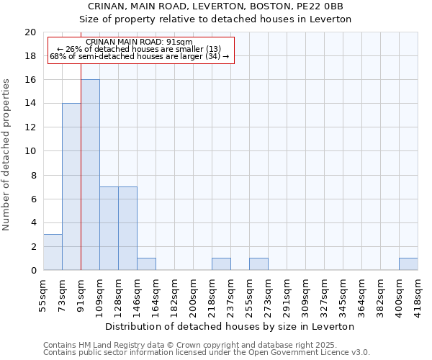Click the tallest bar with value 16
point(90,175)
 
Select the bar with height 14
point(71,186)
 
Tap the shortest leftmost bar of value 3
point(53,252)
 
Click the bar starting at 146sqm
point(146,264)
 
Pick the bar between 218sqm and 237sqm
point(221,264)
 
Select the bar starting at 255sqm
point(258,264)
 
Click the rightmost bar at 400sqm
point(408,264)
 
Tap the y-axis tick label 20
point(30,32)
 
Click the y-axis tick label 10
point(30,151)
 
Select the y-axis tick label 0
point(33,271)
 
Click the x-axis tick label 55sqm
point(44,292)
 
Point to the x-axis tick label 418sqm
point(418,292)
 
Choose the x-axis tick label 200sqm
point(194,292)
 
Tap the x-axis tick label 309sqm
point(306,292)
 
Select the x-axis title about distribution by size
point(230,326)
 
